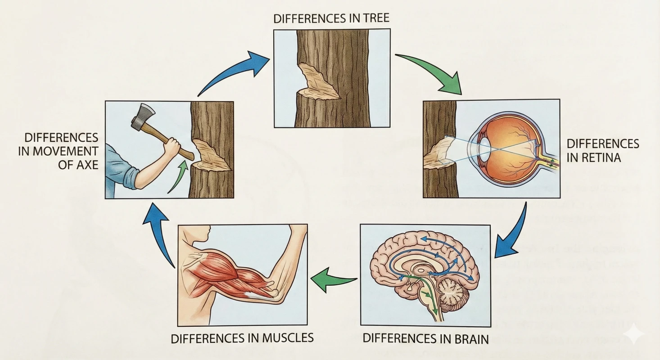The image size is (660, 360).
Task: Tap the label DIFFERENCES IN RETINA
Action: tap(602, 150)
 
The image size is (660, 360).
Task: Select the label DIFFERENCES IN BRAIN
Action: tap(425, 338)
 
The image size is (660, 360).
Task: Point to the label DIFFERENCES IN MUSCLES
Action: tap(242, 337)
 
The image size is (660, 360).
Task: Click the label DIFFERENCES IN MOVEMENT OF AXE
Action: tap(58, 151)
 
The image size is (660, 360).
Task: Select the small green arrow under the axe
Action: tap(178, 176)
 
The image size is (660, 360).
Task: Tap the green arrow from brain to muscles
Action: tap(334, 279)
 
